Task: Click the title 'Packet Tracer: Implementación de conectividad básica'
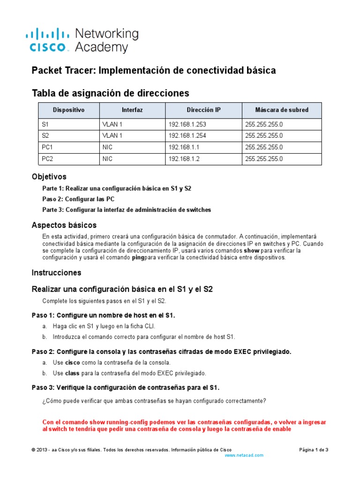(x=153, y=70)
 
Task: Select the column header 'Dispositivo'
(x=68, y=110)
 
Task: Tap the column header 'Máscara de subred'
(x=281, y=110)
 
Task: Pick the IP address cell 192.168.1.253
(x=187, y=124)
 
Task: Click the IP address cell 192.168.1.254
(x=187, y=136)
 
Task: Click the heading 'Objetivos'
(x=49, y=177)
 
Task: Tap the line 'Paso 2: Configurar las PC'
(x=78, y=199)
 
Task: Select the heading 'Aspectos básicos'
(x=64, y=225)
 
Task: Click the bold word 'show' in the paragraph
(x=251, y=251)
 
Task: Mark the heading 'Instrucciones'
(x=56, y=272)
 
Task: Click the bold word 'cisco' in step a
(x=72, y=362)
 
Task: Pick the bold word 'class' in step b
(x=72, y=373)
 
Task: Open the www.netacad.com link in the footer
(x=244, y=455)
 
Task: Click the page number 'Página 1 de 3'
(x=314, y=450)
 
